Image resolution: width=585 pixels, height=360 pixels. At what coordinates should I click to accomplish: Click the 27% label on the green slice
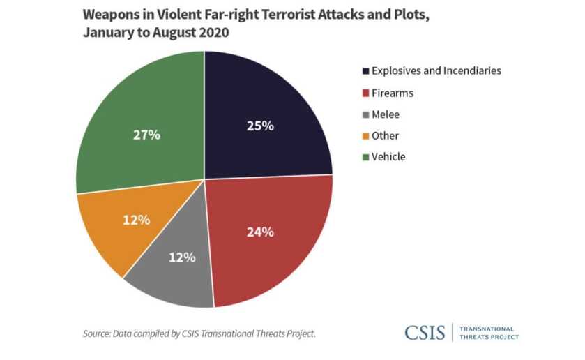146,135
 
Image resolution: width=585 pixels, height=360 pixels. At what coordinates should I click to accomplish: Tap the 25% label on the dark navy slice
260,126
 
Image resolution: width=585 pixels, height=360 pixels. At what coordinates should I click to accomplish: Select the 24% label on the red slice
259,232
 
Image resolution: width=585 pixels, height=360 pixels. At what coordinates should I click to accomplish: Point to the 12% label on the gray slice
182,257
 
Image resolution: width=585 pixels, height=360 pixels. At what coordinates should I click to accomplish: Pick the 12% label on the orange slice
136,220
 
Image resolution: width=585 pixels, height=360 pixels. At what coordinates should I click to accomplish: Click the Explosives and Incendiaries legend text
436,70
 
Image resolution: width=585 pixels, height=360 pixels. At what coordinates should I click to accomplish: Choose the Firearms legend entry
392,92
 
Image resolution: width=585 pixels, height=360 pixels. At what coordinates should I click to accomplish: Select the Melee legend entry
386,114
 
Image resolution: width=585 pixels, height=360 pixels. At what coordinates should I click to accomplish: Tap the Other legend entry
385,135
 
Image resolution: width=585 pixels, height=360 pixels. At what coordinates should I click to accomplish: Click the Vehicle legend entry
388,157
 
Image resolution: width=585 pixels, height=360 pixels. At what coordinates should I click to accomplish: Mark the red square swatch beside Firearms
365,93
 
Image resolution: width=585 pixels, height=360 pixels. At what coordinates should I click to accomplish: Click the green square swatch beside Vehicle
365,158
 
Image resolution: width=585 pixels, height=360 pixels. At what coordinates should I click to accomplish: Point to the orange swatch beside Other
365,136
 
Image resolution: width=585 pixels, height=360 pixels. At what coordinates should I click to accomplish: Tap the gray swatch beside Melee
365,114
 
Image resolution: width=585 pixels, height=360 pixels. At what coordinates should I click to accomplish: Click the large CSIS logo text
424,333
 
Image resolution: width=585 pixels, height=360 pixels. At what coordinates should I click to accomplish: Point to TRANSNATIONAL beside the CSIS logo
488,329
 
